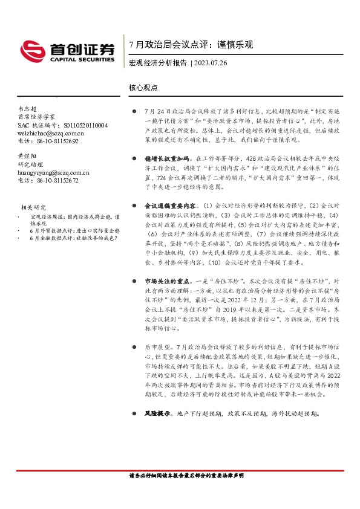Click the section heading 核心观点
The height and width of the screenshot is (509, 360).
click(143, 87)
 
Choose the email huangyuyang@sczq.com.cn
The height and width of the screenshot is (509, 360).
click(53, 172)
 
